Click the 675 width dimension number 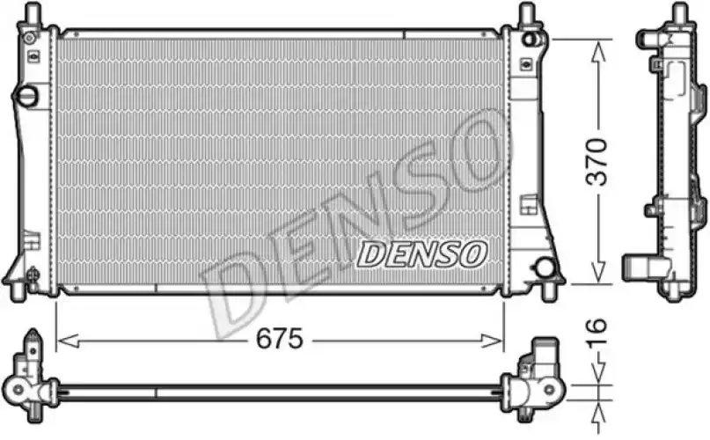280,339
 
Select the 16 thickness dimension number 597,333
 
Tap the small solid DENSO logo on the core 422,253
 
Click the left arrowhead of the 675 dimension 69,341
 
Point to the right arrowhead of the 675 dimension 492,341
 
